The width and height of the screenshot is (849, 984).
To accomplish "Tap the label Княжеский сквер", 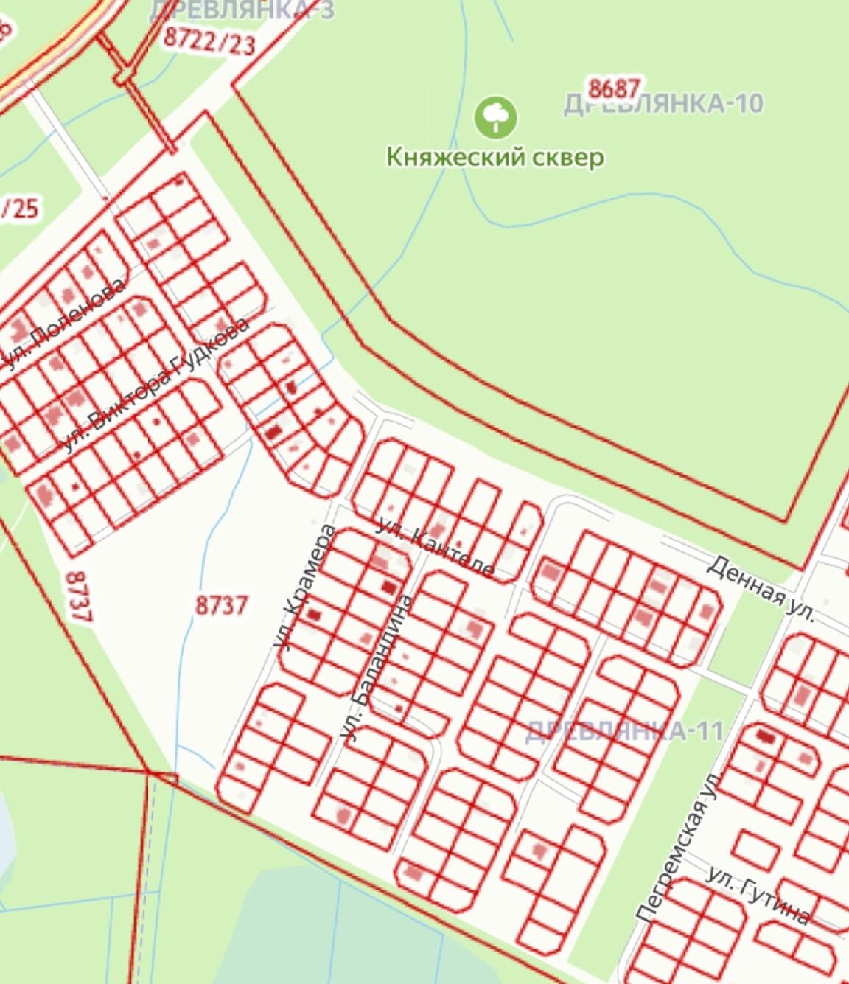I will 496,157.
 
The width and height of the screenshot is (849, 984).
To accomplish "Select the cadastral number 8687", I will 615,88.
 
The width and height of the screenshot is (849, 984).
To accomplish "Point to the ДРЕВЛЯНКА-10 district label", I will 663,104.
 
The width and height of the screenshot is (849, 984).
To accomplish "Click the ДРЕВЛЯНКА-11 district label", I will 624,731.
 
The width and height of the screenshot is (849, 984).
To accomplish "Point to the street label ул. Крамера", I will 304,587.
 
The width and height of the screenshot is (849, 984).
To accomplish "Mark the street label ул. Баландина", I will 376,667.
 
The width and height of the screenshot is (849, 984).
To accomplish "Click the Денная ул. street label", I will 761,589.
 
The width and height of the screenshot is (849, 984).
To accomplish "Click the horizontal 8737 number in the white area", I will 222,606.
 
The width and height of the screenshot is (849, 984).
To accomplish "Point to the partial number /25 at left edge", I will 20,209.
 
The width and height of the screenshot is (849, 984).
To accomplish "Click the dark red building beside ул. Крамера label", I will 315,615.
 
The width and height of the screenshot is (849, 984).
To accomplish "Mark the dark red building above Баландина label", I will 388,587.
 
